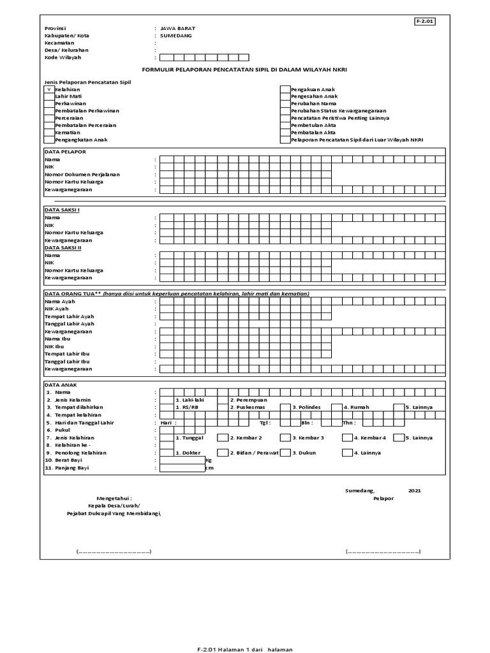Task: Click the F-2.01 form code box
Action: pyautogui.click(x=424, y=21)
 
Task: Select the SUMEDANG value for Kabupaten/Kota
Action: pyautogui.click(x=175, y=36)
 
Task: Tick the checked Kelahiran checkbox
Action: pyautogui.click(x=48, y=90)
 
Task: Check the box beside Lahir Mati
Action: pyautogui.click(x=48, y=96)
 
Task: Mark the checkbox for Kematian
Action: pyautogui.click(x=48, y=132)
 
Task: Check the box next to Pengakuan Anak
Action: pyautogui.click(x=285, y=90)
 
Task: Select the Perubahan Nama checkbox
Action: pyautogui.click(x=285, y=103)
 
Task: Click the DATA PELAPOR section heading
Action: pyautogui.click(x=64, y=152)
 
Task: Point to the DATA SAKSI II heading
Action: pyautogui.click(x=63, y=247)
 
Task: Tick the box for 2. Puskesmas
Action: pyautogui.click(x=223, y=407)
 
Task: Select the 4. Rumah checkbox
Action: pyautogui.click(x=336, y=407)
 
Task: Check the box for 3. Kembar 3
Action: pyautogui.click(x=285, y=437)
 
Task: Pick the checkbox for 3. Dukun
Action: pyautogui.click(x=285, y=453)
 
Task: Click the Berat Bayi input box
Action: pyautogui.click(x=182, y=460)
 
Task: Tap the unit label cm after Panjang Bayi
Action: pyautogui.click(x=209, y=468)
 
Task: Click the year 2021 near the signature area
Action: pyautogui.click(x=414, y=491)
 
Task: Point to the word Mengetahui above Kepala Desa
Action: pyautogui.click(x=115, y=497)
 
